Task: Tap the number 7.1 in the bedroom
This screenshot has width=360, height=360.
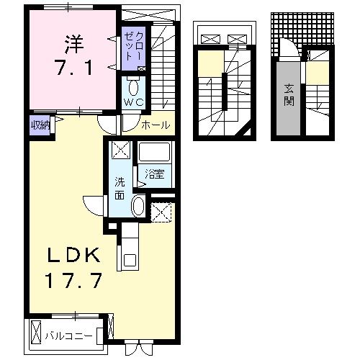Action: (x=70, y=70)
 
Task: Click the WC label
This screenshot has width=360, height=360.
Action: (x=134, y=103)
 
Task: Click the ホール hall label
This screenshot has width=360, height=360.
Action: (x=156, y=125)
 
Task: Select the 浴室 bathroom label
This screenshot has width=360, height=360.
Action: (x=153, y=174)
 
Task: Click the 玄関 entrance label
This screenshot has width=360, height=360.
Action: (x=288, y=94)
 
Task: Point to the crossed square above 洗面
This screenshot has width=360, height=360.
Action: (x=120, y=151)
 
